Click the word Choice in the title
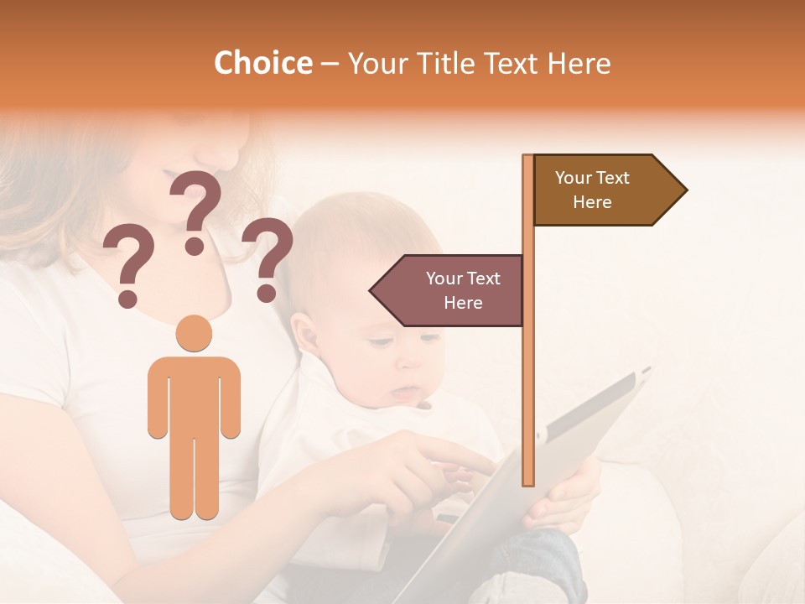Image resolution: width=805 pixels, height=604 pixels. (x=262, y=63)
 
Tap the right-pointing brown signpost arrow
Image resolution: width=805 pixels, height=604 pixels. (x=604, y=190)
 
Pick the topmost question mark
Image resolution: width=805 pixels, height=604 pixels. (x=196, y=210)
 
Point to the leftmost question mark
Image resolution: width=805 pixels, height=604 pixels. (x=127, y=267)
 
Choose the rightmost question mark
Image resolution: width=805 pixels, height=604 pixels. (x=267, y=258)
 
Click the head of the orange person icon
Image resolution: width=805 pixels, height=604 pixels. (x=195, y=333)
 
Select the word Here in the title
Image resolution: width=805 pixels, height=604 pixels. (x=579, y=63)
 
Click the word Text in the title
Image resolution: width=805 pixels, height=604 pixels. (x=512, y=63)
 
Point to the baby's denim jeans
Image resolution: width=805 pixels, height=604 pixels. (x=545, y=562)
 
